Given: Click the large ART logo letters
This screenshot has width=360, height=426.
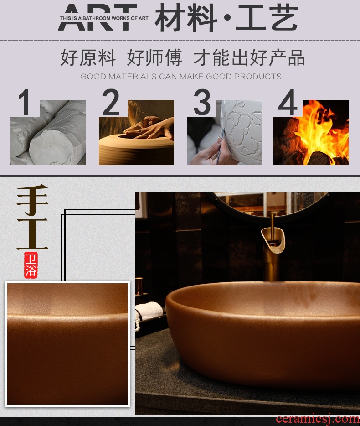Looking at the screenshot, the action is coord(97,17).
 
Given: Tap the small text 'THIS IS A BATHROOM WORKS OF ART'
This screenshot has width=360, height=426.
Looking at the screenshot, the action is coord(104,18).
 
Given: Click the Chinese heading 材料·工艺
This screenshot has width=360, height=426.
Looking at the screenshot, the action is coord(226,18).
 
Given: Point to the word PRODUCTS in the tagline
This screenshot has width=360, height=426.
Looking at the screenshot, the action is coord(257,77).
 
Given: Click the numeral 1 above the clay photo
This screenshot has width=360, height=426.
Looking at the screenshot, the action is coord(25,103).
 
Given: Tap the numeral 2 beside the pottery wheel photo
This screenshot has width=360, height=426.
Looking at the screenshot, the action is coord(111,102).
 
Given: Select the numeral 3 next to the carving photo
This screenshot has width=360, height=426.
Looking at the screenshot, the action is coord(202,102).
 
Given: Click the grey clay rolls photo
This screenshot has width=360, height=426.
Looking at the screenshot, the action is coord(48,132).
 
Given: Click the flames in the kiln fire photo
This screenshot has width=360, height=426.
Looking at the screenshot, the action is coord(322,128).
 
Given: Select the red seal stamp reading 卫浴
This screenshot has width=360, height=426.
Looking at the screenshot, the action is coord(31,265).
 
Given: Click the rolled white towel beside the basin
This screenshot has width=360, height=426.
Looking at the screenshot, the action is coord(149,310).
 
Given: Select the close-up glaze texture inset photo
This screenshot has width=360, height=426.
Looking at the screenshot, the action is coord(67,344).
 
